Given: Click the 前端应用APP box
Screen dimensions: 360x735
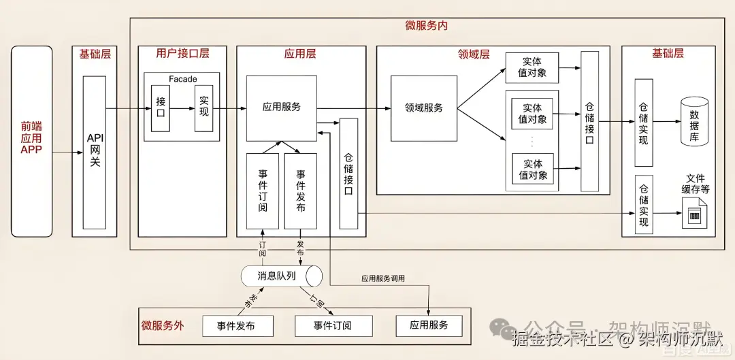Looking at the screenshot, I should click(31, 141).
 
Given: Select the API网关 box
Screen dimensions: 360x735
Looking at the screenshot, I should click(95, 152).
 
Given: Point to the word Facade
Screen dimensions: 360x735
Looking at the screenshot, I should click(182, 79).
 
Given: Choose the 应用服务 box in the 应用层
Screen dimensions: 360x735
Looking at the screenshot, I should click(281, 108).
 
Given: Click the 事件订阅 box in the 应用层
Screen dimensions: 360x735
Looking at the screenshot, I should click(262, 191).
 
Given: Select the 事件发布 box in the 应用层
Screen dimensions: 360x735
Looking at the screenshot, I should click(300, 191).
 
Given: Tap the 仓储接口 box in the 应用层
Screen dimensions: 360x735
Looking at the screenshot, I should click(348, 174).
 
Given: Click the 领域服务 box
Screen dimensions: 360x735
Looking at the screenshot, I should click(423, 108).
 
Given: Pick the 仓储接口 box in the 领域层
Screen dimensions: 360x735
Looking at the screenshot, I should click(589, 122).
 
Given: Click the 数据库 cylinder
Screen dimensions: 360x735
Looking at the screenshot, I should click(694, 122).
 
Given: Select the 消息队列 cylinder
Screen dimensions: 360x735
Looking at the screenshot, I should click(281, 276).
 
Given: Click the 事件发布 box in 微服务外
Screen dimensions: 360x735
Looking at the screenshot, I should click(236, 326).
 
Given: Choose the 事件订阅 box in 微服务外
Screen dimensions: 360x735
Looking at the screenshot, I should click(333, 326).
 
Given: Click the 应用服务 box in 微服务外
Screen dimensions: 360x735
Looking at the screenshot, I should click(429, 325).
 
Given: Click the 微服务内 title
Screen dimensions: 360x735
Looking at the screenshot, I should click(426, 25).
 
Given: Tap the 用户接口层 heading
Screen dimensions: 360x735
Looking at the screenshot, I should click(182, 54).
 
